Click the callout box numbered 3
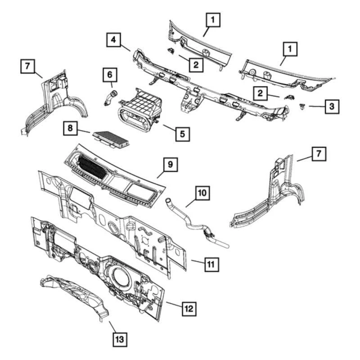point(332,107)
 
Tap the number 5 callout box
point(182,134)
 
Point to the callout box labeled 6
point(109,73)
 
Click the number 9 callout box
point(171,165)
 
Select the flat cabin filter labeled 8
point(111,138)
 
